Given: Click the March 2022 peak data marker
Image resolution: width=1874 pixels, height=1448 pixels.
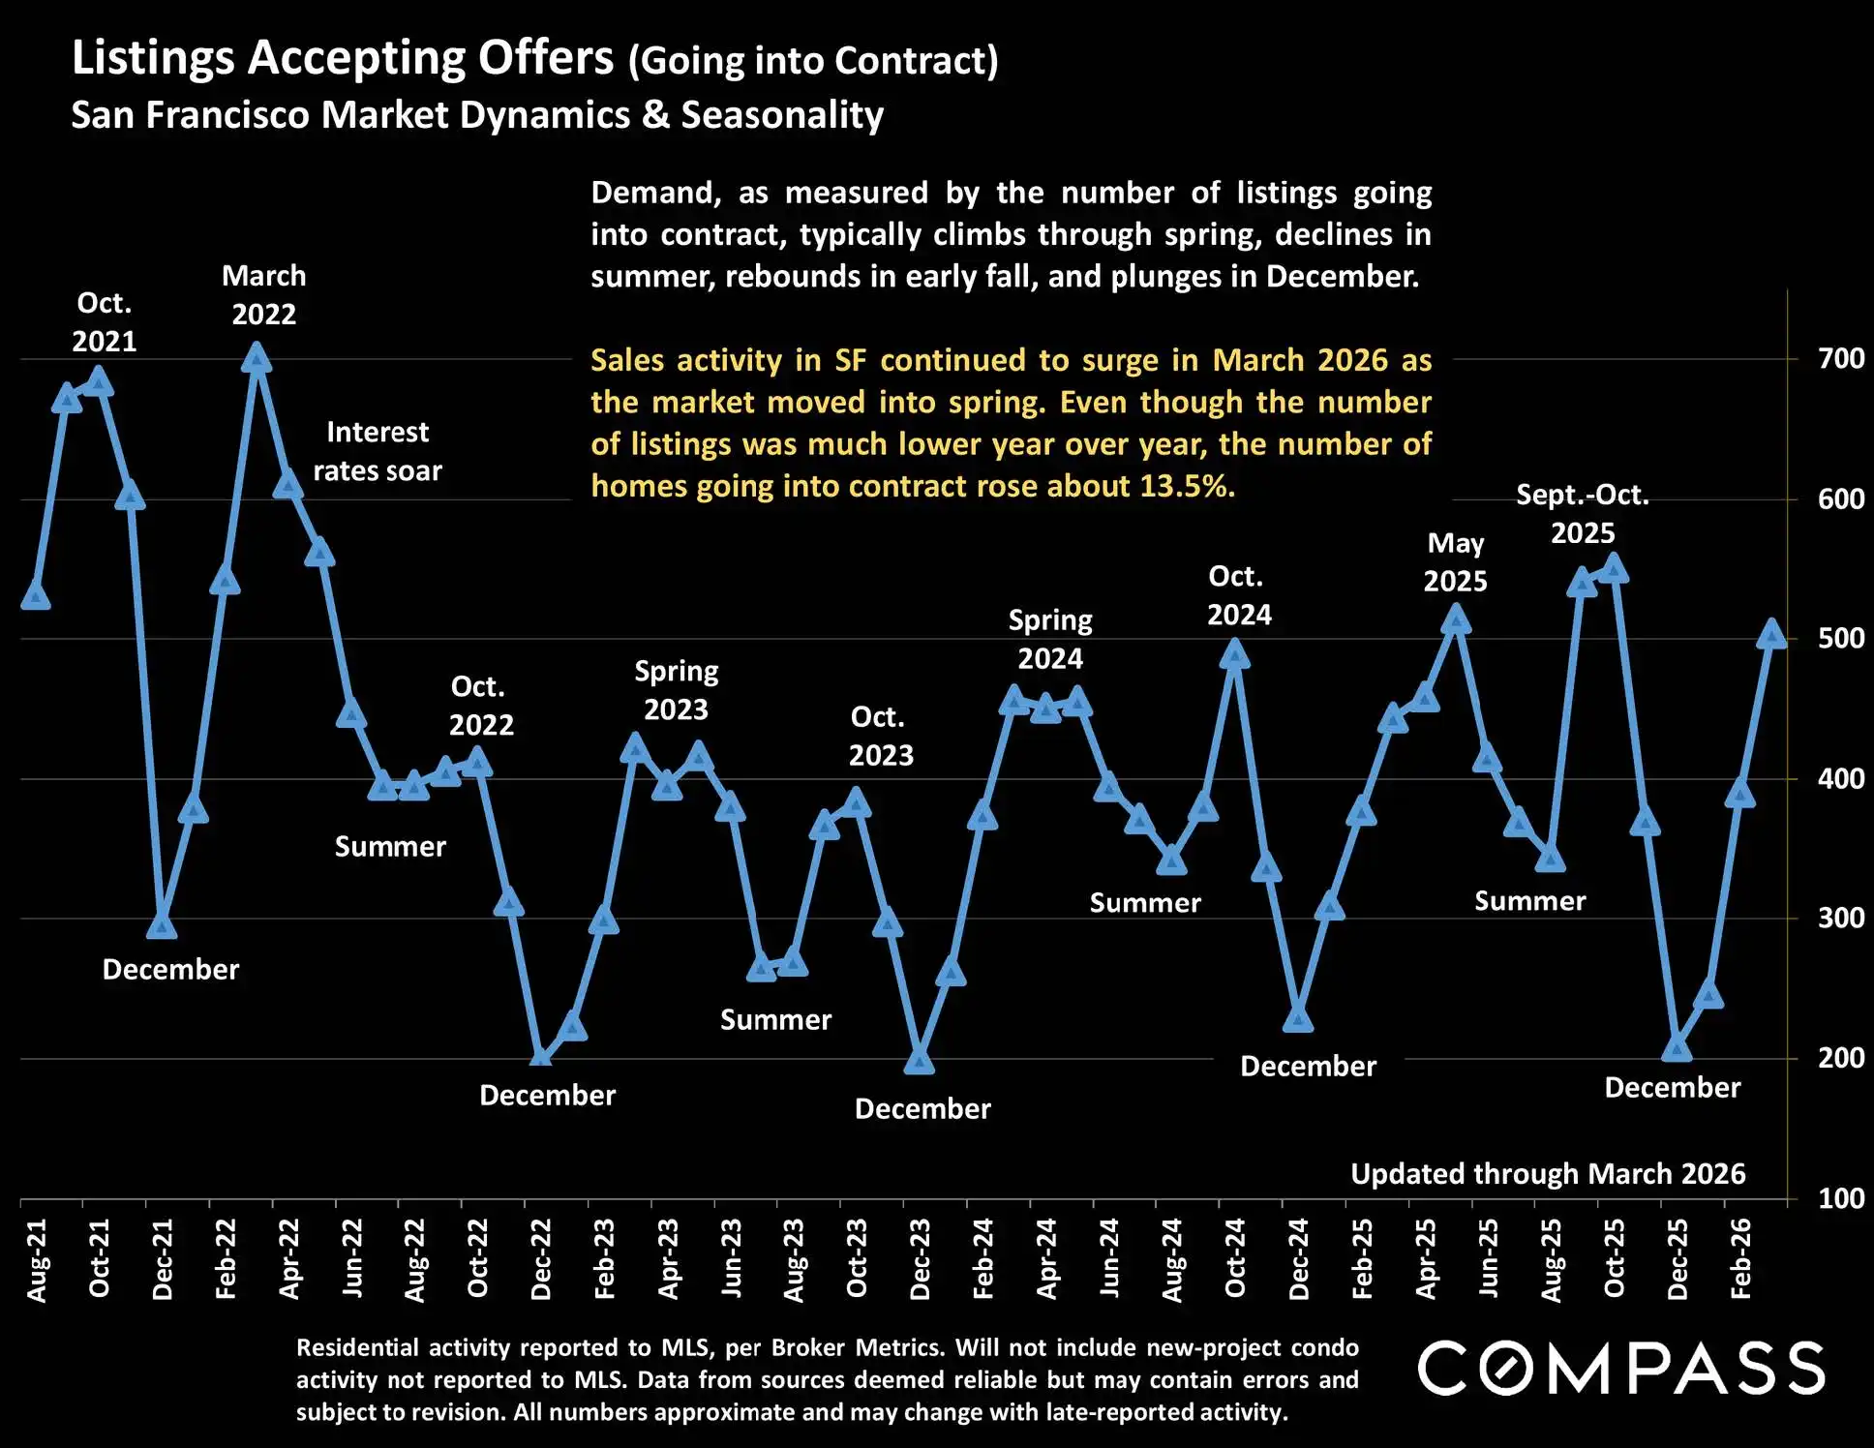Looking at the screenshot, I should click(x=256, y=358).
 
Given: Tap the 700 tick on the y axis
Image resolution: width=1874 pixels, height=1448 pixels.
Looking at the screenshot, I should click(x=1840, y=359).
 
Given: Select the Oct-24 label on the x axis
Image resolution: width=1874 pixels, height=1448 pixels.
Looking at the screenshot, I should click(x=1235, y=1257).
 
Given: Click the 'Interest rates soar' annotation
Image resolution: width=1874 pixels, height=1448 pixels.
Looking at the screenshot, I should click(x=378, y=451).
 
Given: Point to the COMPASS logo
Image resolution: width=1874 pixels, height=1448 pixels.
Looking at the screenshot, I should click(x=1621, y=1368).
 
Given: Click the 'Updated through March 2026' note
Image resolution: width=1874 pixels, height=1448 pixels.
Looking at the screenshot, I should click(x=1548, y=1174).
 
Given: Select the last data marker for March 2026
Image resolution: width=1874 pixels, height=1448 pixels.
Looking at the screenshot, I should click(x=1771, y=634).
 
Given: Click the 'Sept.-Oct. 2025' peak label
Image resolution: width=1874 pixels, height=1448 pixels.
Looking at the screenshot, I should click(x=1583, y=514).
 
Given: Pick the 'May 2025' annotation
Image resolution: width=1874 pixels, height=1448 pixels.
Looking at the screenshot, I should click(x=1455, y=562).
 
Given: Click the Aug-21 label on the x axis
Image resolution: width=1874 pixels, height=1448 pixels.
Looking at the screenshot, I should click(x=36, y=1259).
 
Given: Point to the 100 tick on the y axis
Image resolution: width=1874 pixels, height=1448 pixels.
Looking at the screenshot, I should click(x=1840, y=1198).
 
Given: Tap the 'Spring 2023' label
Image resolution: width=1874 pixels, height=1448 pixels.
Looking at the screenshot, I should click(x=677, y=690).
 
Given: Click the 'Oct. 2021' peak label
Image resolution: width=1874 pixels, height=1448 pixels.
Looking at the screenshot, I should click(x=105, y=322).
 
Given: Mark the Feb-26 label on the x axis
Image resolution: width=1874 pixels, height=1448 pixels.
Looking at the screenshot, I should click(x=1740, y=1257).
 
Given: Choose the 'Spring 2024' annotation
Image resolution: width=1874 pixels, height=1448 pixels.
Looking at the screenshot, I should click(x=1050, y=639).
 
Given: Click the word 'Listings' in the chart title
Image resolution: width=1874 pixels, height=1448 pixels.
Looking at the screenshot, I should click(x=153, y=58).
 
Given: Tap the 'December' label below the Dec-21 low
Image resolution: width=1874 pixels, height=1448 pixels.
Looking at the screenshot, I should click(x=170, y=970).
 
